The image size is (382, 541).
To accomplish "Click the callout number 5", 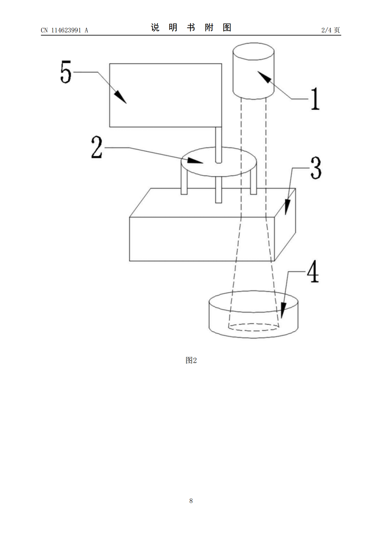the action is click(x=65, y=72).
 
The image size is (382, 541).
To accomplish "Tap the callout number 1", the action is click(x=315, y=99).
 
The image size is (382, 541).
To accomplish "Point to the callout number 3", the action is click(x=316, y=168).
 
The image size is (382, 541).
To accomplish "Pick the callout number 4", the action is click(x=313, y=271).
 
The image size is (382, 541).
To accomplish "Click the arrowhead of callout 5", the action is click(x=120, y=97).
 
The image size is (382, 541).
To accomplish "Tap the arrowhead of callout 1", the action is click(x=265, y=77).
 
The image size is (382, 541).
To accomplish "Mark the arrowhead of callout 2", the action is click(x=195, y=161).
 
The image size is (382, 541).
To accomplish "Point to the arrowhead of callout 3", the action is click(x=287, y=207).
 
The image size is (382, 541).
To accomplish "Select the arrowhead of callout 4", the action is click(x=283, y=311).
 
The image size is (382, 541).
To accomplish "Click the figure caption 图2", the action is click(x=191, y=360).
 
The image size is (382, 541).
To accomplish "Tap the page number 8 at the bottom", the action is click(x=191, y=501).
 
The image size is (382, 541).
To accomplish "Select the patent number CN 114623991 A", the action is click(x=65, y=30).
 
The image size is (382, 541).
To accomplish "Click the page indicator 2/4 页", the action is click(x=330, y=30).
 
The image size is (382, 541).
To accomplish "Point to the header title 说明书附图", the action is click(x=191, y=27).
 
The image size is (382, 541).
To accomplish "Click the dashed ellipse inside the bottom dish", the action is click(x=253, y=324).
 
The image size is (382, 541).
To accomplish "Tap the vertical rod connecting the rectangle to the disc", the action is click(x=218, y=145).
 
